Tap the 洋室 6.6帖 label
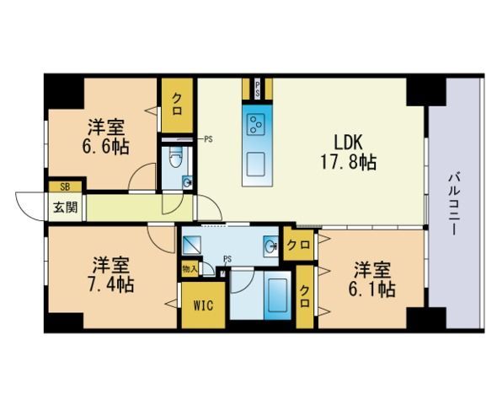[x=107, y=137]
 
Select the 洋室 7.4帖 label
[x=110, y=272]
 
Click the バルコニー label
[x=452, y=202]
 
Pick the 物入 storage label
[x=190, y=269]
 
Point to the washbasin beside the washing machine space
[x=270, y=246]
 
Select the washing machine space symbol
[x=192, y=246]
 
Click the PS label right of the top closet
[x=207, y=138]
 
